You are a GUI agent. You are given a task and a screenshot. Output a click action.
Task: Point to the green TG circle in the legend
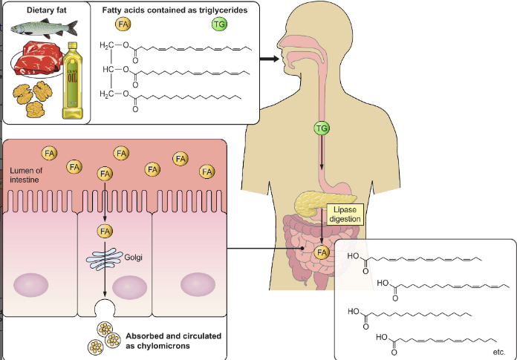[219, 25]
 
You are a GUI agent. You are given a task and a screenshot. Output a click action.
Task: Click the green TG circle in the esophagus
[322, 128]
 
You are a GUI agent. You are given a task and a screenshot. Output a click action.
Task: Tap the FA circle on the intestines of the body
[322, 252]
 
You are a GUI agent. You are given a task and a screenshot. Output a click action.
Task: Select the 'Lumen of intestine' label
[28, 174]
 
